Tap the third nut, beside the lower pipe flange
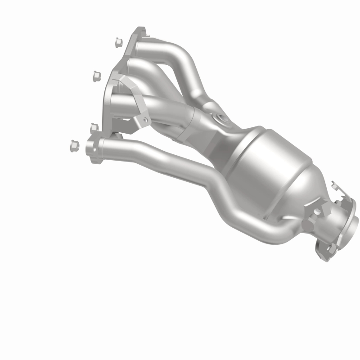coord(94,128)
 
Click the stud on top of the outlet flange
coord(334,185)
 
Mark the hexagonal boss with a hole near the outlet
coord(318,211)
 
